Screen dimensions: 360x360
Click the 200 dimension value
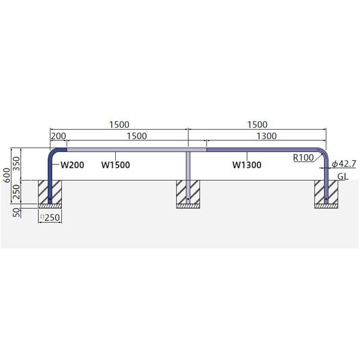(x=58, y=136)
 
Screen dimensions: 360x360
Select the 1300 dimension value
(x=266, y=136)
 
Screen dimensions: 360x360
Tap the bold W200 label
(x=72, y=165)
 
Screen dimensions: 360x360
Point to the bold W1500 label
(x=115, y=165)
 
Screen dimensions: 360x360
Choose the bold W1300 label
(x=247, y=165)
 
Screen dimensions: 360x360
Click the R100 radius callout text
(x=303, y=157)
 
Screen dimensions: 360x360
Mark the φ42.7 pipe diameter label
(x=344, y=164)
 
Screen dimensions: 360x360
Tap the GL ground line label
(x=343, y=176)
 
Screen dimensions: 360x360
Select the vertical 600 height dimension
(x=7, y=175)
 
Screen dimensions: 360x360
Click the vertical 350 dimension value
(x=17, y=163)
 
